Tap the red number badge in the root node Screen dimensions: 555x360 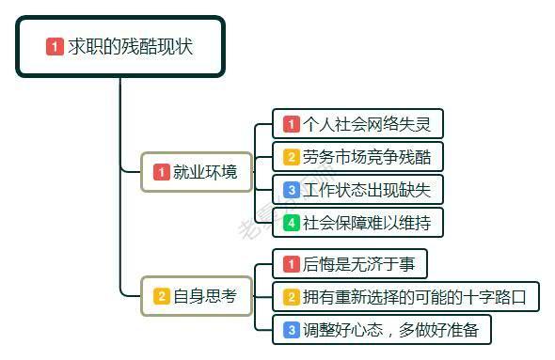tap(55, 46)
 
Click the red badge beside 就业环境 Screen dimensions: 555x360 tap(162, 172)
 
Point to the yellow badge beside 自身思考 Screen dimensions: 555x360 tap(162, 297)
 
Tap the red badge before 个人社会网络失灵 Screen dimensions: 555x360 tap(292, 124)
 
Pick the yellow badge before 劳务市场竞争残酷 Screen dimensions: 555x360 tap(292, 157)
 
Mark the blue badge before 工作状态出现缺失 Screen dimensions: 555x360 tap(292, 190)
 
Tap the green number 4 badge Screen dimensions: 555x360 tap(292, 223)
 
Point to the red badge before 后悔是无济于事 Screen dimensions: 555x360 tap(292, 264)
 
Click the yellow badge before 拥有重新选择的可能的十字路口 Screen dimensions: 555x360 tap(292, 297)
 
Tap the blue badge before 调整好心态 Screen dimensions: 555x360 tap(292, 330)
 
